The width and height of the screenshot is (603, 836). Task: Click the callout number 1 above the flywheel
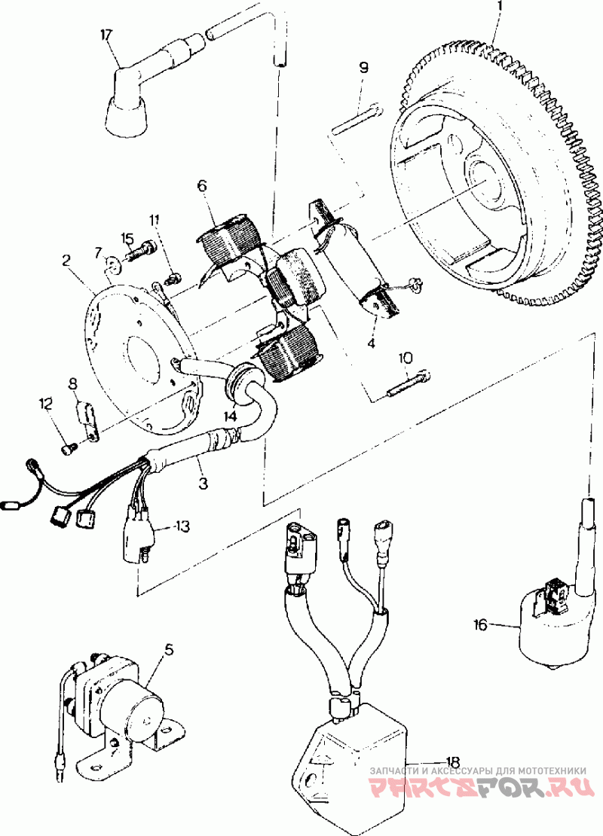[x=500, y=8]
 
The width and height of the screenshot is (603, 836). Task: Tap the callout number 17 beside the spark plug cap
[x=106, y=35]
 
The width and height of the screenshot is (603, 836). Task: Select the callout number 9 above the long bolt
[x=363, y=67]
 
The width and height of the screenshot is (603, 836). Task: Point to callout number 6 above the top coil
[x=202, y=185]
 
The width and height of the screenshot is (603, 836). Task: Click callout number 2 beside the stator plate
[x=66, y=261]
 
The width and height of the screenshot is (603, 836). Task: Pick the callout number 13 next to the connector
[x=182, y=526]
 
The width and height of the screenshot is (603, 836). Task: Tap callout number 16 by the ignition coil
[x=481, y=624]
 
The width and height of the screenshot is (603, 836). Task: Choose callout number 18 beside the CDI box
[x=452, y=761]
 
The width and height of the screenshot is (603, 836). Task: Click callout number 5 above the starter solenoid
[x=169, y=649]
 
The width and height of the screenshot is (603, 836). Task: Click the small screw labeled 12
[x=68, y=450]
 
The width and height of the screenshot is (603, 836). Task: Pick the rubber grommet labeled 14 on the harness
[x=241, y=380]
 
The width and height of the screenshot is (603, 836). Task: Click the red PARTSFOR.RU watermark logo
[x=481, y=790]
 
